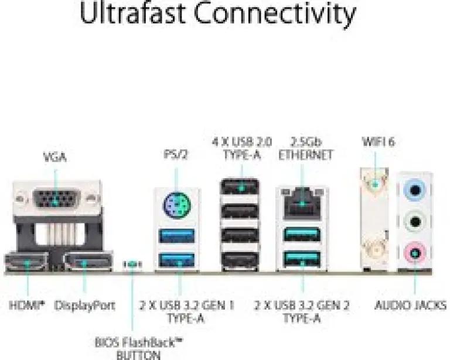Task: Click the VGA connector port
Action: pos(56,198)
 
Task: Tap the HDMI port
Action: pos(26,261)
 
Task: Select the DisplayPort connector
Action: pos(88,261)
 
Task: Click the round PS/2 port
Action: pos(177,205)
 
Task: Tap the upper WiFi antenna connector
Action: pos(374,184)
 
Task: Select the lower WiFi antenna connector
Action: pos(374,250)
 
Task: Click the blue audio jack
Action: pos(415,190)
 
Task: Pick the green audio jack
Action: pos(415,222)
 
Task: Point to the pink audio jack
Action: pos(415,253)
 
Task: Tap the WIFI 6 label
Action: pos(379,141)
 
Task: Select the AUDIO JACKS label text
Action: pos(411,305)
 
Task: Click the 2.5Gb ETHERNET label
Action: pos(305,149)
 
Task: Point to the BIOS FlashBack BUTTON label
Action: pos(139,348)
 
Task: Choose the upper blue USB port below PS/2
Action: pos(177,236)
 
